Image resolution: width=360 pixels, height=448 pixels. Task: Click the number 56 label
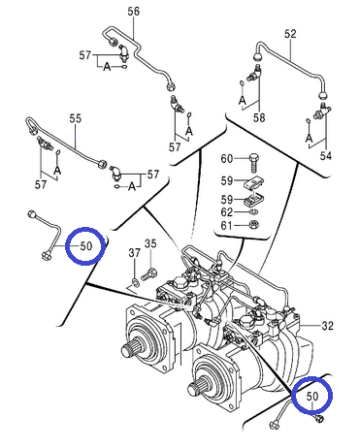133,12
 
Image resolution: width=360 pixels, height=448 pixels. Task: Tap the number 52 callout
290,34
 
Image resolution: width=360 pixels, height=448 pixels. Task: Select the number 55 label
76,118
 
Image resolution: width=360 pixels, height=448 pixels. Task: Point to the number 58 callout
259,117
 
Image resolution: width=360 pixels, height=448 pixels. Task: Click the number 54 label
326,156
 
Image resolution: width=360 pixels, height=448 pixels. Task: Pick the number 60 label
227,159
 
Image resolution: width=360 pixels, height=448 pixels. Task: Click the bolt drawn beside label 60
254,164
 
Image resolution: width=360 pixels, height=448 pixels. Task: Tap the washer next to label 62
254,211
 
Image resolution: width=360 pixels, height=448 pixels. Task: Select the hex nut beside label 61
254,224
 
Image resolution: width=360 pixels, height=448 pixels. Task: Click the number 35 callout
150,243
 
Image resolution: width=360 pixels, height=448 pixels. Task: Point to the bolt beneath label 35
150,273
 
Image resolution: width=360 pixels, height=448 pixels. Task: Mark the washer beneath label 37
135,281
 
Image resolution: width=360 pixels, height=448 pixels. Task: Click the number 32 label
327,325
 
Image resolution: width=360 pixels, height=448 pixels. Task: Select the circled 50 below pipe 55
85,246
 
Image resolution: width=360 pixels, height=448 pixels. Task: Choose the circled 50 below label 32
311,396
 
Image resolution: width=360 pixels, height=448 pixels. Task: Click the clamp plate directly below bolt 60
253,183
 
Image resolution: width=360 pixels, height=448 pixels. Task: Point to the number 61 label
227,225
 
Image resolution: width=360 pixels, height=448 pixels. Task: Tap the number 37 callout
134,252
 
